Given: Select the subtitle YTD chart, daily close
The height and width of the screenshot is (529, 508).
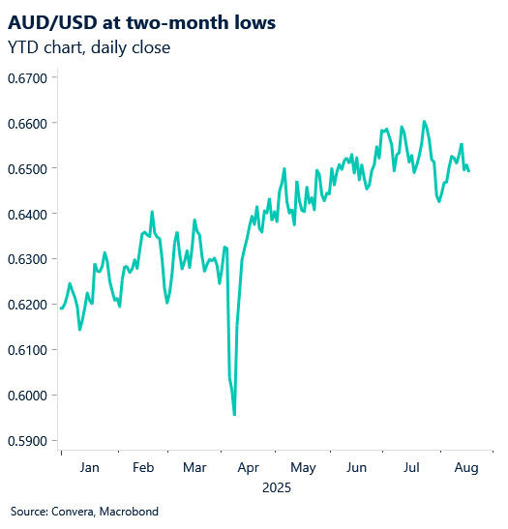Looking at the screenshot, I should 88,46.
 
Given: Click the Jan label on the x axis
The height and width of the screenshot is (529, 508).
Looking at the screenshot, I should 89,468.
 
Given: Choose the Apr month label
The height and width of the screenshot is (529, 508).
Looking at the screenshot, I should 249,468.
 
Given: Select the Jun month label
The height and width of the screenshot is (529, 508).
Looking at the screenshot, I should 358,468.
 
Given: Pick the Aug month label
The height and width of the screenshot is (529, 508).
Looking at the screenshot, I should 466,468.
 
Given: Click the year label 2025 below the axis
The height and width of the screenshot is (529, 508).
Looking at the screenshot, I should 277,488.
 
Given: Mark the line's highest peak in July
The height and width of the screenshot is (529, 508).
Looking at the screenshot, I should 424,122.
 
